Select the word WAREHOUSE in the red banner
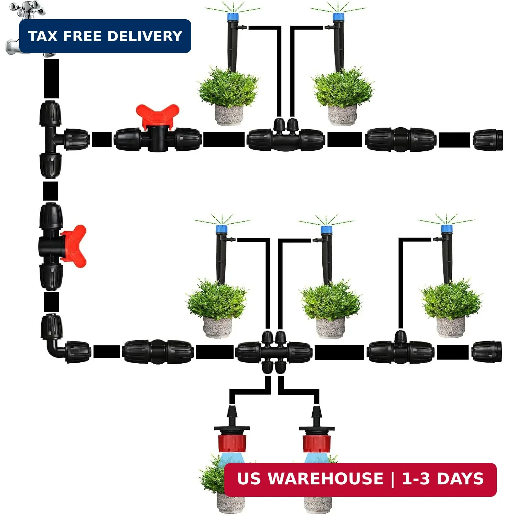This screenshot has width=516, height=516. click(x=325, y=479)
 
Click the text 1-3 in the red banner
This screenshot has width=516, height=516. click(x=416, y=479)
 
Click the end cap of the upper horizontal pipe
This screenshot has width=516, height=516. click(x=488, y=140)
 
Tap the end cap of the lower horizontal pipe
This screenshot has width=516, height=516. click(x=486, y=352)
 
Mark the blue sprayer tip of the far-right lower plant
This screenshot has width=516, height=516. click(x=447, y=229)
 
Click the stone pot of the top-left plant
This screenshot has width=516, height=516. click(x=229, y=115)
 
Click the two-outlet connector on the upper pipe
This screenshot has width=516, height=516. click(x=286, y=136)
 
